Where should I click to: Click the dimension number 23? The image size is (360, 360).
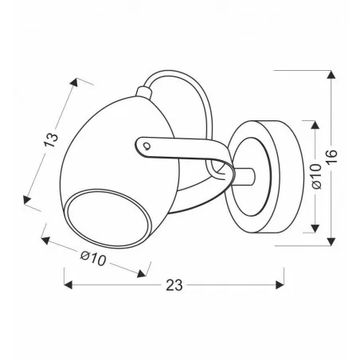coord(174,285)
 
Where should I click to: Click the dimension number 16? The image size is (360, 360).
coord(332,157)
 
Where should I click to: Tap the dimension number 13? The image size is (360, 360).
coord(51,140)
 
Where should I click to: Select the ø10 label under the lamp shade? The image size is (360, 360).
coord(93,259)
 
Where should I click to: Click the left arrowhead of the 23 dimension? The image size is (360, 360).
coord(68,285)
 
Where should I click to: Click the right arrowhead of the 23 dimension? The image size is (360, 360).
coord(280,285)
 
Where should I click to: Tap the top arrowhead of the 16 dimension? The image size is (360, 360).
coord(331,75)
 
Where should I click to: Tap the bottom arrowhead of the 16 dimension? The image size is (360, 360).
coord(331,241)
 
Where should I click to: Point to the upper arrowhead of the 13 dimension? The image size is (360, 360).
coord(74,82)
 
